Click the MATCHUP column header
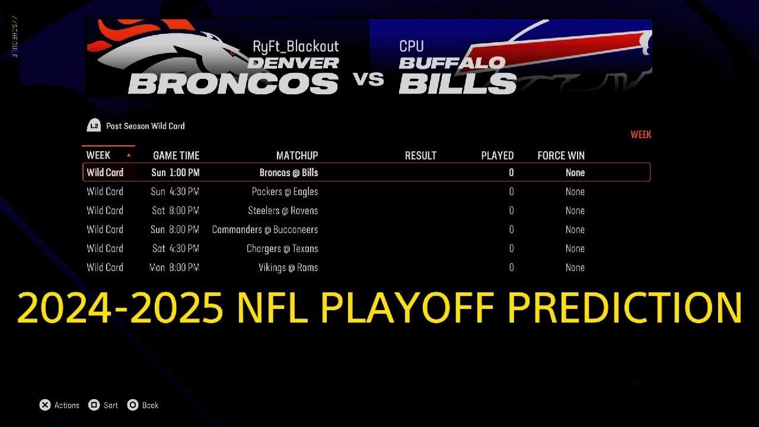(296, 155)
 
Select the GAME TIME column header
(176, 155)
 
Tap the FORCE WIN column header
(560, 155)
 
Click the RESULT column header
(420, 155)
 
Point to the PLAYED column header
(497, 155)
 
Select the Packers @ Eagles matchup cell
(285, 192)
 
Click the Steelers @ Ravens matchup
(283, 211)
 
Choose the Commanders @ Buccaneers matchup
(264, 230)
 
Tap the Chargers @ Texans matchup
(282, 248)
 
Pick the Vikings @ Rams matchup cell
(288, 267)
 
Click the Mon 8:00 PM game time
(174, 267)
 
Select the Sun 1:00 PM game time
(175, 173)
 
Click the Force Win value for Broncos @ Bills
(575, 173)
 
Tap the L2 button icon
(94, 126)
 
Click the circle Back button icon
(133, 405)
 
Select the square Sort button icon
(94, 405)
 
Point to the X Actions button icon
(45, 405)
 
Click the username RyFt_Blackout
(295, 46)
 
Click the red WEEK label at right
(640, 135)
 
